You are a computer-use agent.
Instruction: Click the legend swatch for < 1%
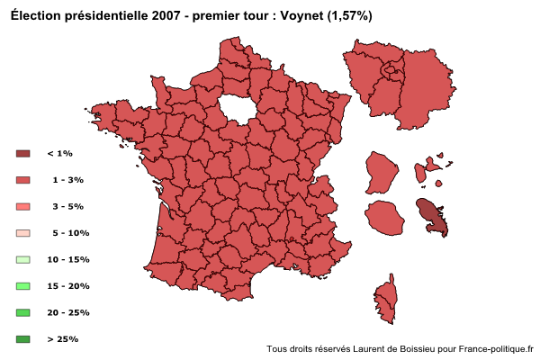23,154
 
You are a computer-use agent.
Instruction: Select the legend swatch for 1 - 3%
23,180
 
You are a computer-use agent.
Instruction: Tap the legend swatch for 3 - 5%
23,206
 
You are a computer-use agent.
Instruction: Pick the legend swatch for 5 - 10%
23,233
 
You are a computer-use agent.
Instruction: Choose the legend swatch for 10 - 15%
23,259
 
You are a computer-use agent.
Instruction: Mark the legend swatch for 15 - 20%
23,285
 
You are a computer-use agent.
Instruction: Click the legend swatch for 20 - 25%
23,312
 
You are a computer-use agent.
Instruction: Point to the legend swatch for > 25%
23,338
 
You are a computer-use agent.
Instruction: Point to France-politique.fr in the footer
496,349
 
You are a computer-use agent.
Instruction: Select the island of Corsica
386,299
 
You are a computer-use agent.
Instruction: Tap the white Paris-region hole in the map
237,107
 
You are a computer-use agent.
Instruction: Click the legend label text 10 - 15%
68,259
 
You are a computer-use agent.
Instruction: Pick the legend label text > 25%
62,339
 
